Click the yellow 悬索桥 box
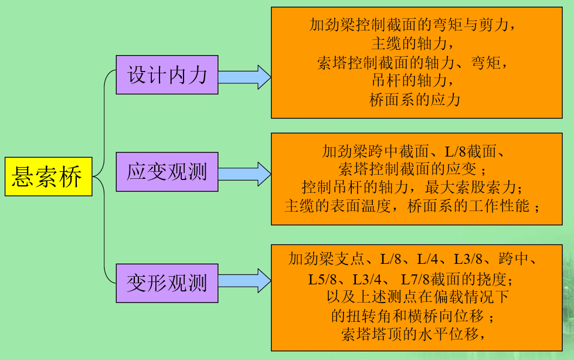point(48,176)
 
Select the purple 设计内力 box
point(167,74)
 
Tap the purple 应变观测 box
point(167,172)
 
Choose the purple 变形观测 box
point(167,283)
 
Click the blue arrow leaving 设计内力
point(244,77)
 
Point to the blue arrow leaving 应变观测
point(244,174)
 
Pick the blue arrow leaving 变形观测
point(244,280)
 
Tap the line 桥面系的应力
point(415,100)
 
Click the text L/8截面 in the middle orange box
point(470,151)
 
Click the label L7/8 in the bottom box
point(415,280)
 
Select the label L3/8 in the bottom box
point(468,259)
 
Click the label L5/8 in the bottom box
point(322,280)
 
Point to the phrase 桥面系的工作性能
point(468,206)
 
